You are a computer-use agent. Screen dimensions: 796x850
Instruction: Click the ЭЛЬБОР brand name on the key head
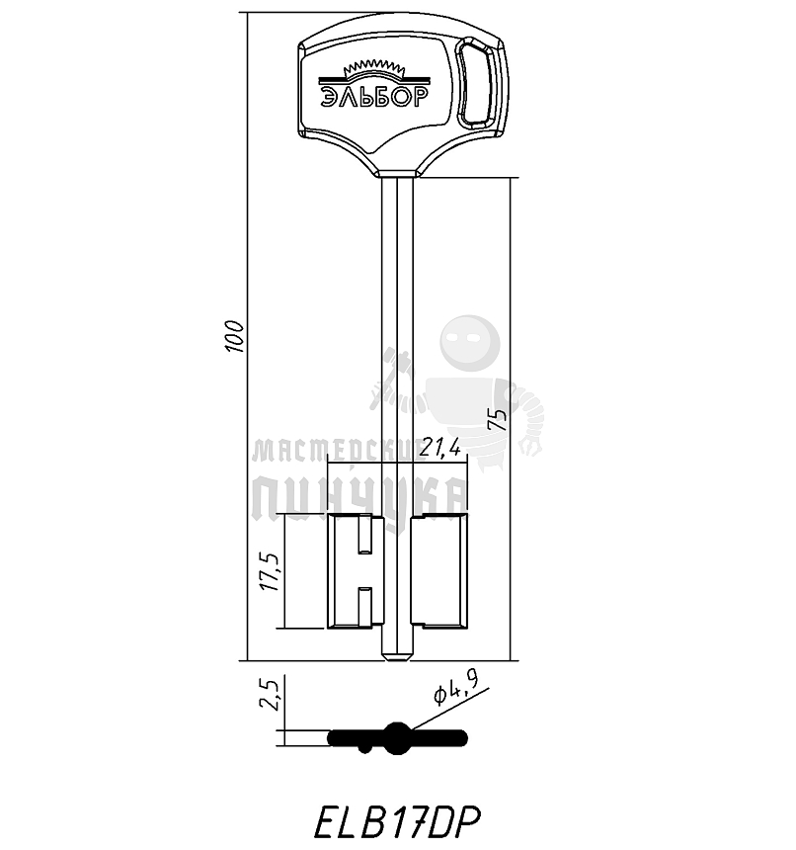coord(374,96)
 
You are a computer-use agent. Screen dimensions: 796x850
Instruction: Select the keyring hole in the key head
coord(475,83)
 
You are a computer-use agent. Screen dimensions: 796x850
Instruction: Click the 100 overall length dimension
coord(235,337)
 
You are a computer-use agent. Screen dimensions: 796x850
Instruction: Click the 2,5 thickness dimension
coord(270,693)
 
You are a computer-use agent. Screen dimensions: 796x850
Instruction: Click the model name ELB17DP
coord(397,822)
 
